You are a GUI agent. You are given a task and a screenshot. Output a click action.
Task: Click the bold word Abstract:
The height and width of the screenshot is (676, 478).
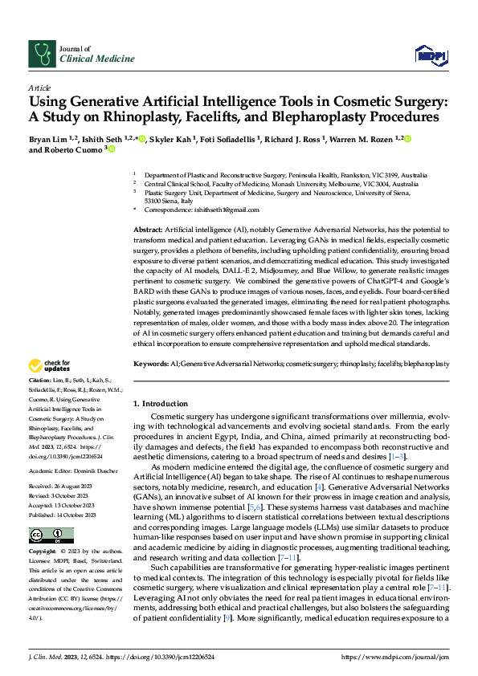150,230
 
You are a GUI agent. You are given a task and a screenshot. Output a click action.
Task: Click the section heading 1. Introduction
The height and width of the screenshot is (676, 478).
160,403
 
